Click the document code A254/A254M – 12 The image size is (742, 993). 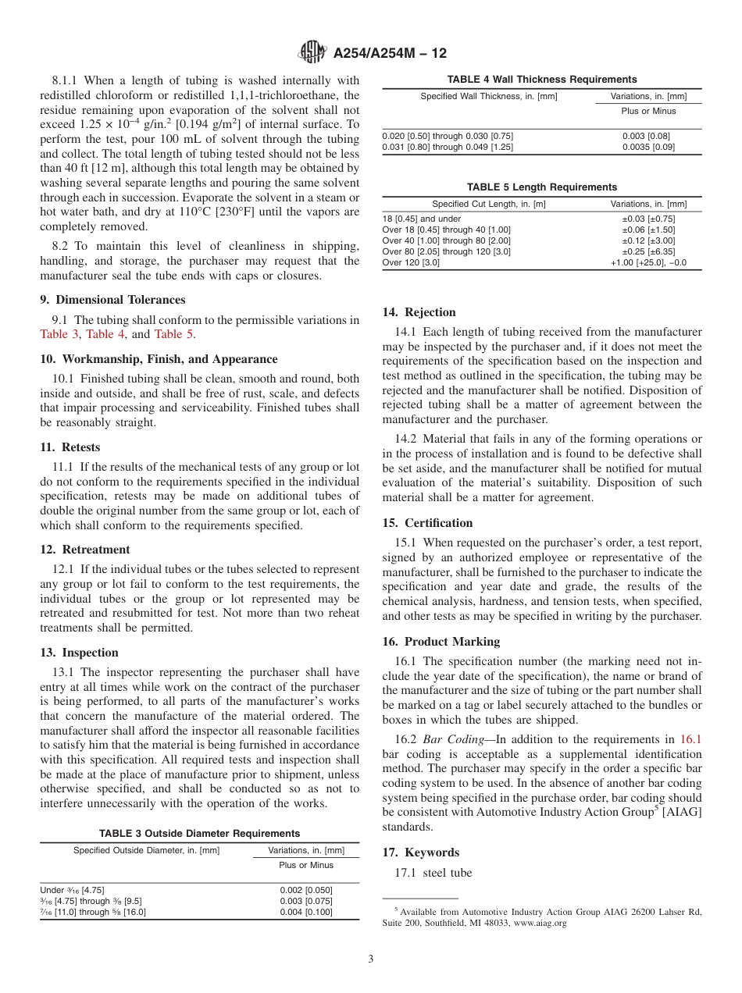[390, 54]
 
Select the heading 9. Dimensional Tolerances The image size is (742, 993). [112, 300]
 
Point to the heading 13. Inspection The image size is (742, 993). [79, 653]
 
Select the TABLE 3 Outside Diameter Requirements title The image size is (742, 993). [199, 834]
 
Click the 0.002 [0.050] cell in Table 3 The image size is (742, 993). [305, 890]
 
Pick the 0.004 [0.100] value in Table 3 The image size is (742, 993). [305, 912]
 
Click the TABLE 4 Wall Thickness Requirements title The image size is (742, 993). [541, 80]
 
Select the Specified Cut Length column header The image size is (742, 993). [489, 205]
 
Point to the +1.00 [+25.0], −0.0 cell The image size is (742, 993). [648, 263]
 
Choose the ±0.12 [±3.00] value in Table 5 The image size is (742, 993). [648, 241]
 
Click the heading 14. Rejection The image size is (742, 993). [419, 312]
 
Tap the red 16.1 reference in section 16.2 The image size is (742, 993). [690, 739]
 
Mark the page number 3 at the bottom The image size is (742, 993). [370, 959]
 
